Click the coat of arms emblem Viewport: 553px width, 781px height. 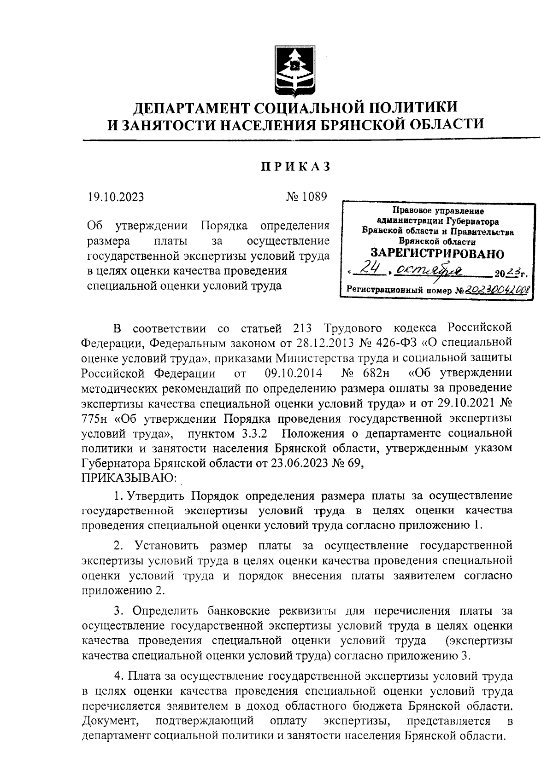pyautogui.click(x=295, y=70)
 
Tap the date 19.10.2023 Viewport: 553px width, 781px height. pyautogui.click(x=116, y=197)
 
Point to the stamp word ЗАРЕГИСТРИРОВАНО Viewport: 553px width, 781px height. pyautogui.click(x=437, y=254)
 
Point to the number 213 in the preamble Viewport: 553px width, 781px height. pyautogui.click(x=304, y=328)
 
